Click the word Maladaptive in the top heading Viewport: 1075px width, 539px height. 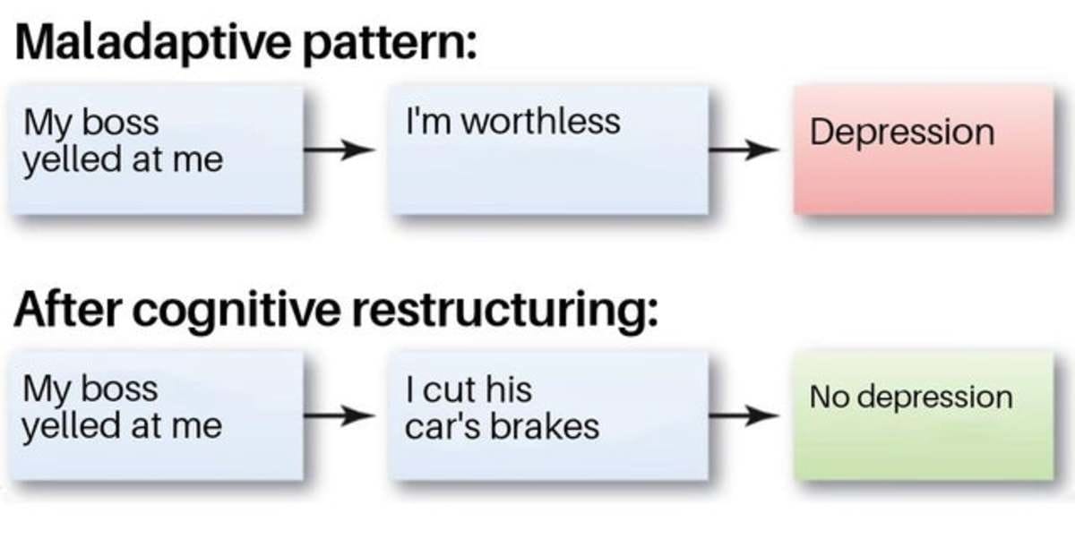[x=153, y=43]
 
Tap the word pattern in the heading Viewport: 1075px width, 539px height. [x=390, y=44]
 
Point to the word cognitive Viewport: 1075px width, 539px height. [x=236, y=312]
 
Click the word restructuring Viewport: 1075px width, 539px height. [x=505, y=312]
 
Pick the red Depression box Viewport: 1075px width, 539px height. [x=924, y=150]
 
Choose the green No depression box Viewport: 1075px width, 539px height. [x=924, y=415]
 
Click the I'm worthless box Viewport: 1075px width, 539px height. [x=548, y=150]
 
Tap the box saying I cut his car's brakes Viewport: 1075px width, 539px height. [x=548, y=415]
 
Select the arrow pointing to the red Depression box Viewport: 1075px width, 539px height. [x=744, y=150]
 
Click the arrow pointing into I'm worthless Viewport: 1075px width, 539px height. [x=339, y=150]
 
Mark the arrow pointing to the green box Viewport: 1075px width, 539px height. [x=744, y=415]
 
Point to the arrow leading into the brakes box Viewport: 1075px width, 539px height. [x=339, y=415]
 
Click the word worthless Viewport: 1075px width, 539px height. [x=540, y=121]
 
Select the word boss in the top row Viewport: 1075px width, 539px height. [x=120, y=123]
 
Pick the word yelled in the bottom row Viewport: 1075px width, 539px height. [x=71, y=427]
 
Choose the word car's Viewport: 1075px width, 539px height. [x=442, y=426]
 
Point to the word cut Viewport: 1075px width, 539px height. [x=448, y=389]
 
